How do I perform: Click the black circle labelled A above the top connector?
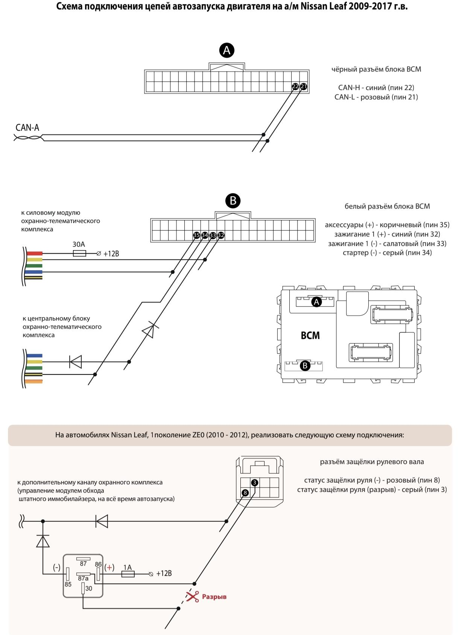tap(227, 50)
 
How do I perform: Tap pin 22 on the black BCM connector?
tap(295, 87)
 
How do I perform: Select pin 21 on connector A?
tap(303, 87)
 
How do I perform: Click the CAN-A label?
tap(27, 128)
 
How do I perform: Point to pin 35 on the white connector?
tap(196, 235)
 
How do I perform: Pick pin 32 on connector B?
tap(221, 235)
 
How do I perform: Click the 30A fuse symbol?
tap(79, 253)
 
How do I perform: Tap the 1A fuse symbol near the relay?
tap(128, 574)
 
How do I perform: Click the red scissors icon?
tap(193, 596)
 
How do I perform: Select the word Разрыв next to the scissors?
tap(214, 597)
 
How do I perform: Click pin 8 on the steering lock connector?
tap(245, 493)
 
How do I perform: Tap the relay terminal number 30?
tap(89, 588)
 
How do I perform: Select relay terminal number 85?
tap(68, 585)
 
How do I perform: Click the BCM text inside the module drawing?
tap(310, 335)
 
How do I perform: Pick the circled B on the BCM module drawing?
tap(305, 365)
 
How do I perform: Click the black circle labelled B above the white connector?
tap(233, 201)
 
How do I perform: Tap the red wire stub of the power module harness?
tap(34, 253)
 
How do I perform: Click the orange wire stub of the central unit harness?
tap(34, 382)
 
